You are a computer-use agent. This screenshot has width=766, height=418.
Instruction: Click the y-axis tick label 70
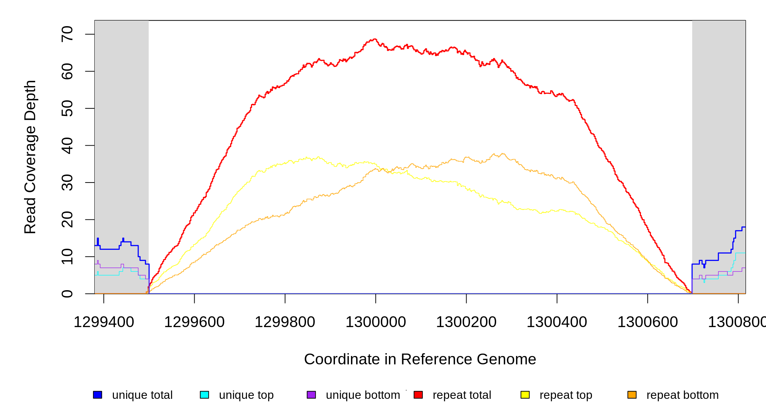(67, 34)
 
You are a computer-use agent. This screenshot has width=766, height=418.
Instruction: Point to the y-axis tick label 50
(67, 108)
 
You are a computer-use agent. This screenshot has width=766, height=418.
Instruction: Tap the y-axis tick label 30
(67, 183)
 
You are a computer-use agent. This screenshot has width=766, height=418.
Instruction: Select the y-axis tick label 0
(67, 294)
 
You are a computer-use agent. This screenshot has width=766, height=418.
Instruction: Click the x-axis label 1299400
(104, 322)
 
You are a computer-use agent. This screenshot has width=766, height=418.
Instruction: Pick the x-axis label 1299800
(285, 322)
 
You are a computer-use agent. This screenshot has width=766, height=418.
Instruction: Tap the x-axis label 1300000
(376, 322)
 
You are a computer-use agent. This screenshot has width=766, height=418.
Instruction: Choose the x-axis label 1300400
(557, 322)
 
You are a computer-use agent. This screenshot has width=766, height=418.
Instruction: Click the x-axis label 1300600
(648, 322)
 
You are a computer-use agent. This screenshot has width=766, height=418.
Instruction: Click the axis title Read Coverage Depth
(30, 157)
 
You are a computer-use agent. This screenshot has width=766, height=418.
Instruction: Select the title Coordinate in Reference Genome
(420, 359)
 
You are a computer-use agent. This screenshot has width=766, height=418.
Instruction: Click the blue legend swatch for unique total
(97, 395)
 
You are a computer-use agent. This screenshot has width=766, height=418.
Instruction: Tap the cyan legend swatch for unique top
(204, 395)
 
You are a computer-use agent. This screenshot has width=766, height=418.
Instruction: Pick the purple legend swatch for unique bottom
(311, 395)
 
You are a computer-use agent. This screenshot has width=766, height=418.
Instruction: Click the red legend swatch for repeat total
(418, 395)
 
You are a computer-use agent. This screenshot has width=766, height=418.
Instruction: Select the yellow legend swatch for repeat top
(525, 395)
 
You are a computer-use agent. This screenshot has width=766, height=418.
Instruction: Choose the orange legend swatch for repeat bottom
(632, 395)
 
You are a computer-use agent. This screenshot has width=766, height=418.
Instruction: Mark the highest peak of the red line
(375, 39)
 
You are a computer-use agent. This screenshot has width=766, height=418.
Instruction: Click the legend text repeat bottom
(682, 395)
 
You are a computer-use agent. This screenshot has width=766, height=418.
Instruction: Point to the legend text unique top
(246, 395)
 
